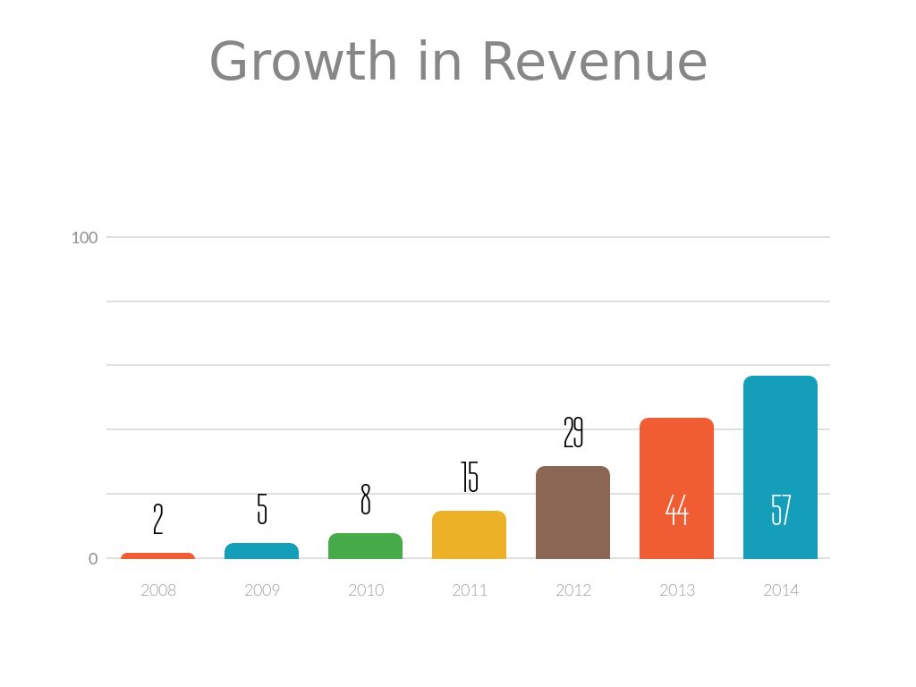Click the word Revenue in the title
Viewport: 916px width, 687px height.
(594, 63)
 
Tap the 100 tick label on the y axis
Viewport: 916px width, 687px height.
(84, 238)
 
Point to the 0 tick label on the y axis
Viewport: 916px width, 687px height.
(93, 559)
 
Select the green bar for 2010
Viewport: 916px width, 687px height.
(365, 546)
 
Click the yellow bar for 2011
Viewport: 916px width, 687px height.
(469, 535)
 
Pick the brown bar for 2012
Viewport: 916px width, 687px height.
(572, 513)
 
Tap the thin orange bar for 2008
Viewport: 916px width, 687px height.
(157, 556)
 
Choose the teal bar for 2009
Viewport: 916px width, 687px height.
(261, 551)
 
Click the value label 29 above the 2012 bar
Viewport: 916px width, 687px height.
(573, 433)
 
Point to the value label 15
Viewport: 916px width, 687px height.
(470, 477)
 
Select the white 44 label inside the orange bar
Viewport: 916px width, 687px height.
(677, 510)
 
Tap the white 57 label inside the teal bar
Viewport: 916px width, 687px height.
(781, 510)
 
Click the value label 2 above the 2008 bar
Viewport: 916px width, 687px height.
(158, 520)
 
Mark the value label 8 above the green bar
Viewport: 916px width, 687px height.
(365, 499)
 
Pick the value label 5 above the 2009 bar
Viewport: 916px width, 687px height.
(262, 509)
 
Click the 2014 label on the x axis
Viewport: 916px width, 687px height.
(781, 590)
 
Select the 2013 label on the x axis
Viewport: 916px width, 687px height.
(677, 590)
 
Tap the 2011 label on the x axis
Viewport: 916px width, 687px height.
(470, 590)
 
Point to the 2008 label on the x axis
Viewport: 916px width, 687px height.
(158, 590)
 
